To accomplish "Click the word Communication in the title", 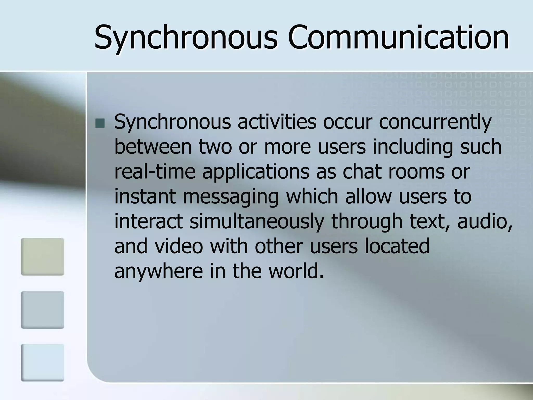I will (x=398, y=38).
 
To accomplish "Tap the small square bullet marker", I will (x=100, y=123).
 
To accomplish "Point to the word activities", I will (x=277, y=122).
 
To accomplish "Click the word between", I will (x=153, y=147).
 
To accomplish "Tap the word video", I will (x=179, y=246).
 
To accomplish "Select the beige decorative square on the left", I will (x=42, y=257).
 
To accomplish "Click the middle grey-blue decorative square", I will (x=42, y=310).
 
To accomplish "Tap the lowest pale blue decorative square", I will (x=42, y=362).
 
